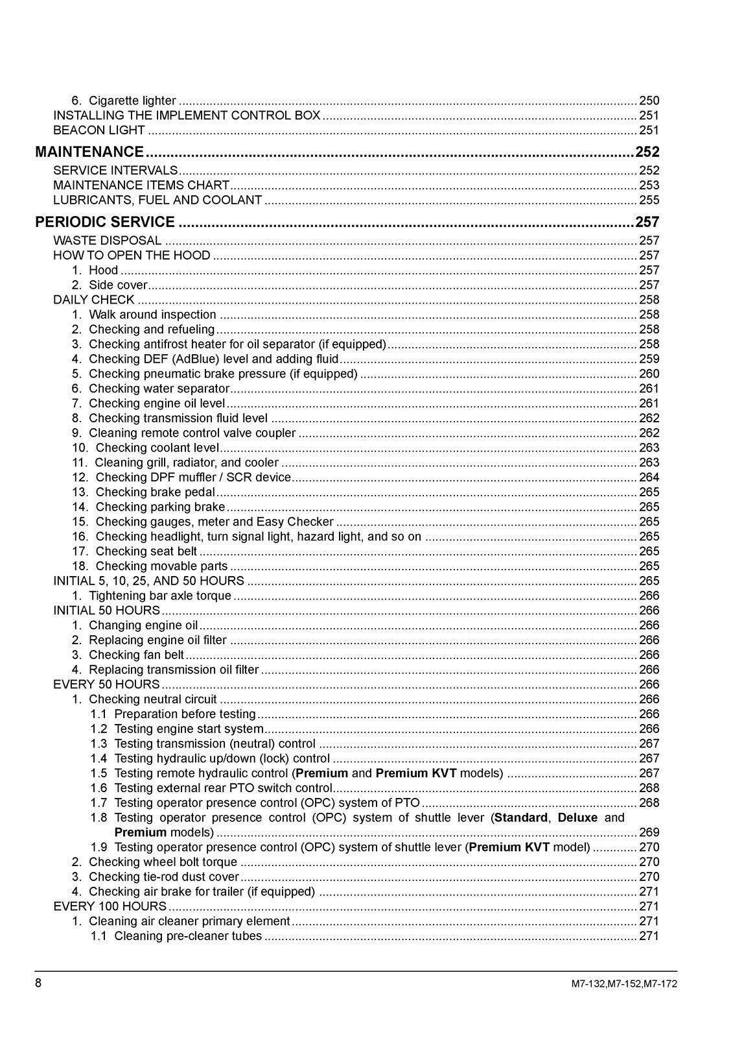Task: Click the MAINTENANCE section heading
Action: (89, 152)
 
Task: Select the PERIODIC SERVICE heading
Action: (105, 222)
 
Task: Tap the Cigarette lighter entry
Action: (132, 101)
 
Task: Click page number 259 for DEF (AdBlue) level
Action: (649, 359)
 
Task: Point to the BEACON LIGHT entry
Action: (99, 130)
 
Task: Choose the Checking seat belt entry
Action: (146, 551)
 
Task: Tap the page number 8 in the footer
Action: (38, 983)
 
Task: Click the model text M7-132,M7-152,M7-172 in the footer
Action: (624, 984)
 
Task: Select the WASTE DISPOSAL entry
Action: (108, 241)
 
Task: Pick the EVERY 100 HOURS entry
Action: (110, 906)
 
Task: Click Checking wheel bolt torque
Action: (163, 862)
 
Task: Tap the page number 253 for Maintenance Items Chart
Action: (649, 186)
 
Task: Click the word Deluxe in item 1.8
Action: (577, 817)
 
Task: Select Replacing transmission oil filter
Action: (174, 670)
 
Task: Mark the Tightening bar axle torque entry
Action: (159, 596)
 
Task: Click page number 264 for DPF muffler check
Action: (649, 477)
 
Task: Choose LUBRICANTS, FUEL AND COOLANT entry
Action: (157, 200)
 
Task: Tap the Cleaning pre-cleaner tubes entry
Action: (188, 936)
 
